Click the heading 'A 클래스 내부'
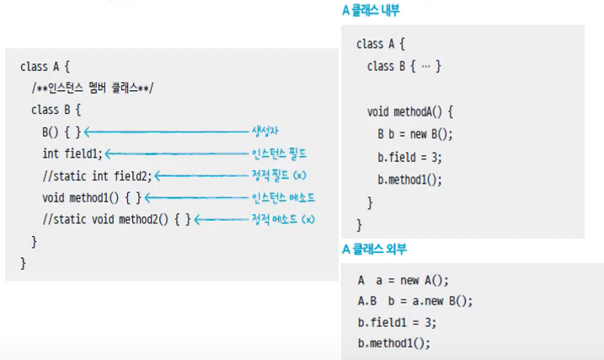coord(371,11)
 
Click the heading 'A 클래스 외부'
coord(371,250)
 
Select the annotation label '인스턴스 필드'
coord(279,153)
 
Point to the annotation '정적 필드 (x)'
coord(279,175)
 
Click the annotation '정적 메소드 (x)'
coord(283,219)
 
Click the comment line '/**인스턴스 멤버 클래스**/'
coord(93,88)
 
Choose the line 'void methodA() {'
coord(410,111)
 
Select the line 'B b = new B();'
coord(414,134)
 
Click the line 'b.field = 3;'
coord(409,157)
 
